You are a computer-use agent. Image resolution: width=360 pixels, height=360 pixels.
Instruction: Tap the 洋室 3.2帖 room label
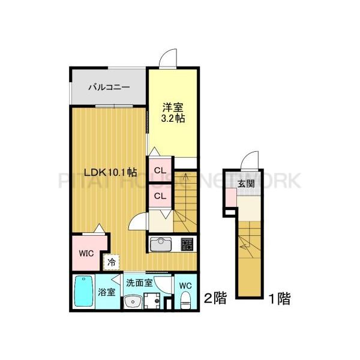pos(173,113)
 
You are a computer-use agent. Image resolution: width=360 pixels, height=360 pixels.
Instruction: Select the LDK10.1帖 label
pos(110,172)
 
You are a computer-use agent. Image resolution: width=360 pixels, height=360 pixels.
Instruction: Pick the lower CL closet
pos(160,196)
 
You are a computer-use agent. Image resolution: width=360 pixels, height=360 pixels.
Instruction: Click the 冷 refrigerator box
pos(112,261)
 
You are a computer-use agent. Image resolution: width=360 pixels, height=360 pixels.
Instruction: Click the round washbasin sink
pos(133,301)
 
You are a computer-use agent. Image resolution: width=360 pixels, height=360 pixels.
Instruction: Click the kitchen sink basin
pos(161,245)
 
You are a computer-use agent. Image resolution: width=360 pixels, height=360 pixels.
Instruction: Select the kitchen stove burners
pos(186,245)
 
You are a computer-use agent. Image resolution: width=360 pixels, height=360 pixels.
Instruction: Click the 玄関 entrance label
pos(244,184)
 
